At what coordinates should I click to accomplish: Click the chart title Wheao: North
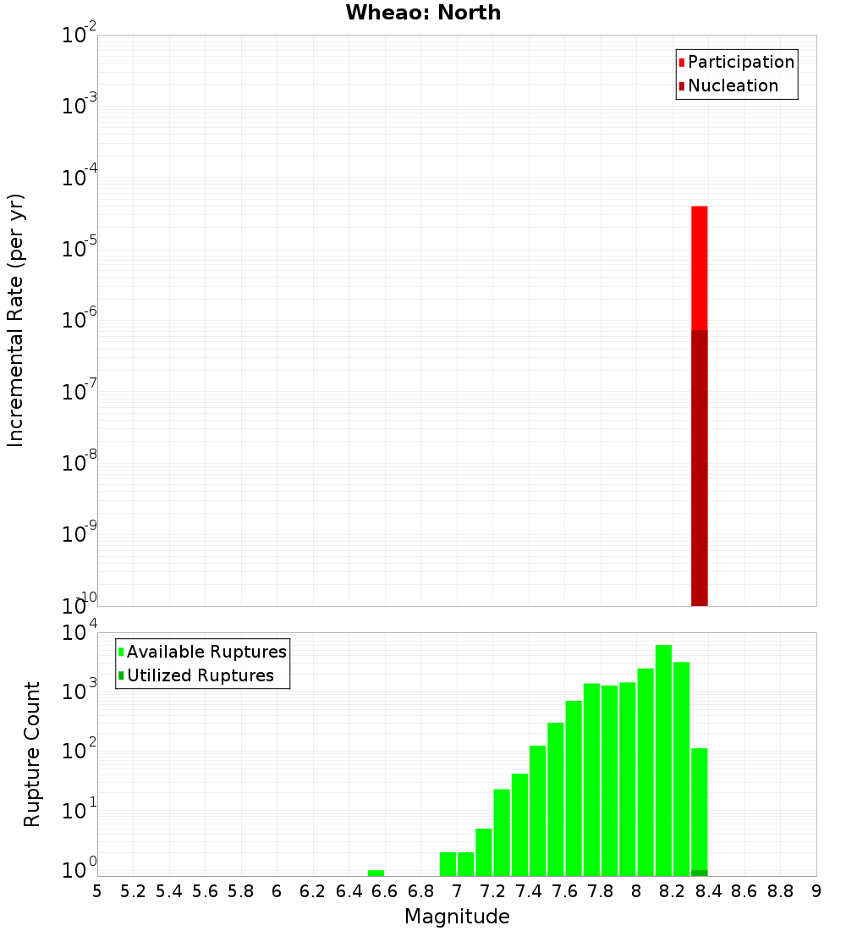tap(423, 13)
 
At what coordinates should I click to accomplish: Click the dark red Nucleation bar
tap(699, 465)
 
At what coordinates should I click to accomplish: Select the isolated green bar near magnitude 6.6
tap(376, 873)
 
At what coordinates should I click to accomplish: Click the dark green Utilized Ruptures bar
tap(699, 873)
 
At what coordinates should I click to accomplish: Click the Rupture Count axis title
tap(32, 754)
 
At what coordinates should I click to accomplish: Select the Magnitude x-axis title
tap(457, 916)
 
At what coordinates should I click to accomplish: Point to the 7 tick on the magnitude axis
tap(457, 891)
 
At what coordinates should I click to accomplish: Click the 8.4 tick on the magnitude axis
tap(708, 891)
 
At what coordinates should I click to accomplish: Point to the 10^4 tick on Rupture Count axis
tap(80, 634)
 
